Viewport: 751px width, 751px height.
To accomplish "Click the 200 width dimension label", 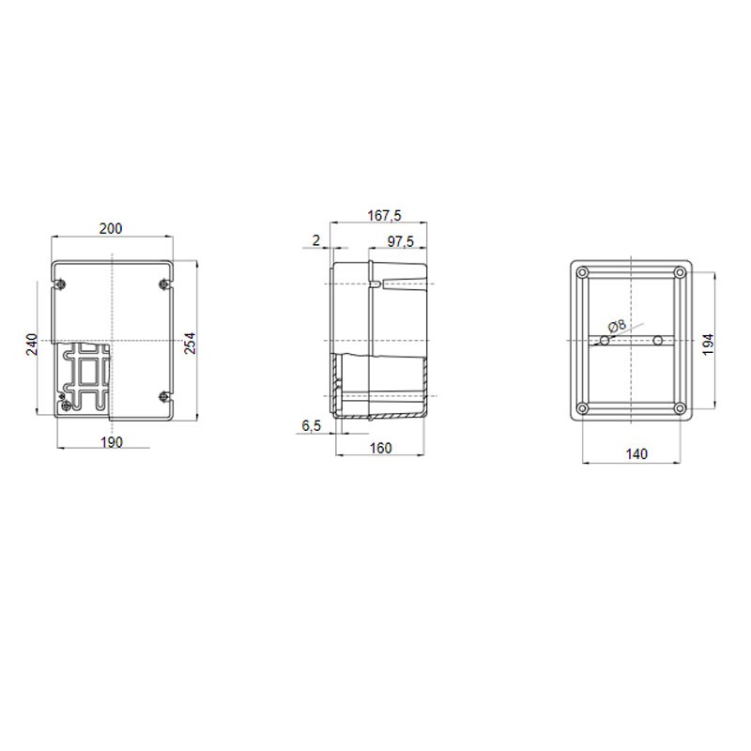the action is click(x=111, y=229).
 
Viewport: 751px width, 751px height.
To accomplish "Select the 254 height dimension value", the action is click(x=191, y=343).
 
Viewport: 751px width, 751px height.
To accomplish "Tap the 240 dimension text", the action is click(x=32, y=344).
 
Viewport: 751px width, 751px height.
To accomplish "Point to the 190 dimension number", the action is click(x=112, y=442).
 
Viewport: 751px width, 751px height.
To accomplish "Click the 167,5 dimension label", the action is click(x=384, y=216).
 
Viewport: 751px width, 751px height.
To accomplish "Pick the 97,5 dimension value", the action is click(x=401, y=241).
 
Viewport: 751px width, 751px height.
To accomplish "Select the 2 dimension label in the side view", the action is click(x=315, y=240).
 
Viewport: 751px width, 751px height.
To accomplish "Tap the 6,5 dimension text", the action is click(x=312, y=425).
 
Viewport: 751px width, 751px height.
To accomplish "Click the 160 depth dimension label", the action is click(x=381, y=448).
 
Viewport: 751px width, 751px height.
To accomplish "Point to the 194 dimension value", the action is click(x=708, y=344).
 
